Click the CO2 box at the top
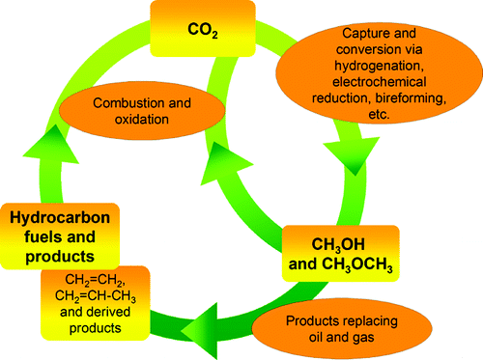203,27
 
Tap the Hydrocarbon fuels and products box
60,236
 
